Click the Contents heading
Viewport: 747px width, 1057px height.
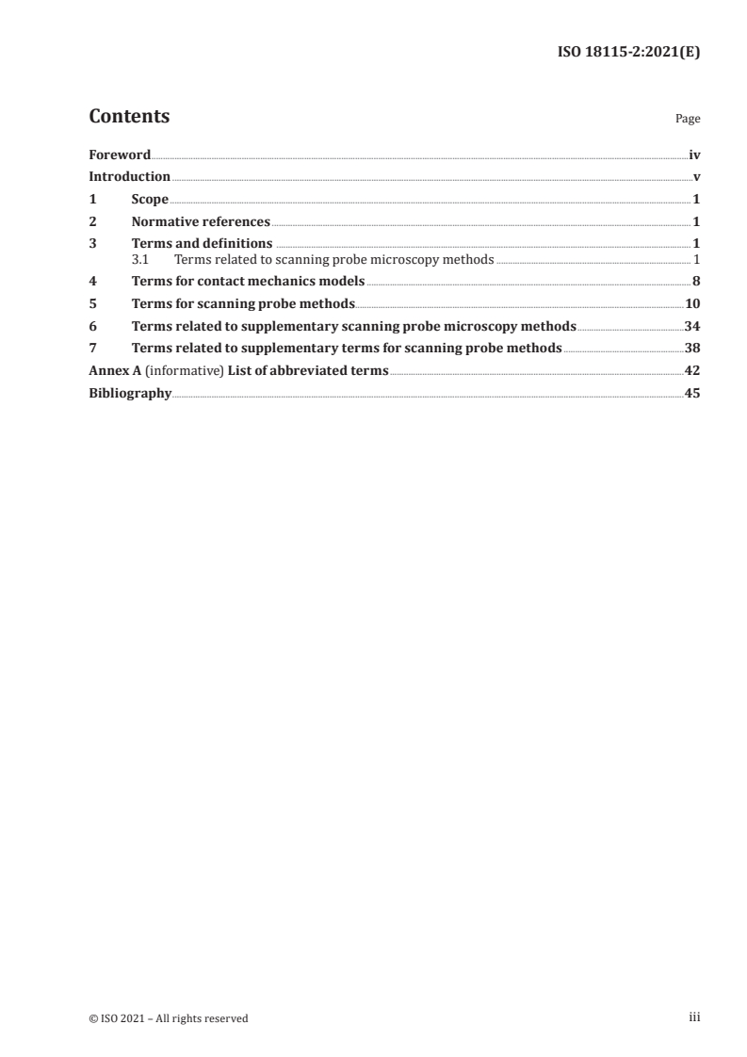coord(129,118)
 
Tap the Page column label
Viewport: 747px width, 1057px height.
coord(688,120)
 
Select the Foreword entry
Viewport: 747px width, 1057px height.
coord(120,154)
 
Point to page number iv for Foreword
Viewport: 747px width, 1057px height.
coord(694,154)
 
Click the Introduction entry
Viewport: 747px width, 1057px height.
coord(129,177)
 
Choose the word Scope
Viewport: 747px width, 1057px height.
coord(150,200)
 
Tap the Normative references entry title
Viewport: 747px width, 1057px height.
coord(201,222)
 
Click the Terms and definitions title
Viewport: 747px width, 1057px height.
coord(195,245)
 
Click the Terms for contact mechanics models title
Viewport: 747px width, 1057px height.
coord(248,281)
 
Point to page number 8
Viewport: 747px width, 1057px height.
coord(696,281)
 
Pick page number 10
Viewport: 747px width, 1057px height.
coord(692,303)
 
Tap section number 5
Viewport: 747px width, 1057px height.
coord(92,303)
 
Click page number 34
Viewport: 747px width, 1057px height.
coord(692,326)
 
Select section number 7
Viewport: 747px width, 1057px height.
coord(92,349)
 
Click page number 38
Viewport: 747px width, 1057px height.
coord(692,349)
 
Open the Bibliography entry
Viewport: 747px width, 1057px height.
coord(130,394)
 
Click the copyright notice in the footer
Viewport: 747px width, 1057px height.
coord(169,1017)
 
